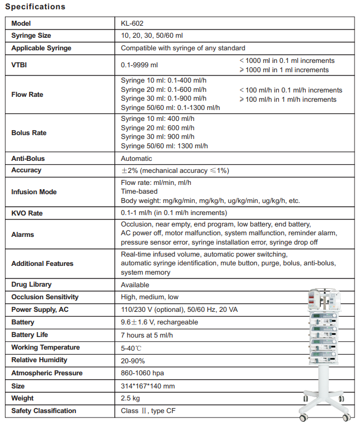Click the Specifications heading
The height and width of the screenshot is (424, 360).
(x=35, y=7)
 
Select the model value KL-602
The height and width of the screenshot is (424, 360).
(x=132, y=24)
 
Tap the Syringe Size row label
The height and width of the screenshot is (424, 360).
(x=31, y=36)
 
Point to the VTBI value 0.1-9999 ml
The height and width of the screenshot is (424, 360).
(x=140, y=66)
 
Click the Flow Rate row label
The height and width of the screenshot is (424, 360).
(x=27, y=94)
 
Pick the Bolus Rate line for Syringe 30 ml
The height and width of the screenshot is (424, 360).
(x=156, y=137)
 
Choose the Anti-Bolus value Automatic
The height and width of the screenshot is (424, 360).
(x=137, y=159)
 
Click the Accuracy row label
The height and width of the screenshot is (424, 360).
(x=26, y=170)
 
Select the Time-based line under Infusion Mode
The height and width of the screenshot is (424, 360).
(x=139, y=191)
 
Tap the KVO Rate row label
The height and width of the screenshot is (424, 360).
(x=27, y=213)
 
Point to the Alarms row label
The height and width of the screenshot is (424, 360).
(x=23, y=234)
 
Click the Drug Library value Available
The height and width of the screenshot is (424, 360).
(x=135, y=285)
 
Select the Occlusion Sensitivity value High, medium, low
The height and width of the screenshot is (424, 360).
(x=150, y=297)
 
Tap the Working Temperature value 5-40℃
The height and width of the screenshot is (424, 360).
(x=131, y=348)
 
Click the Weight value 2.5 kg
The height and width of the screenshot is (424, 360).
(x=132, y=398)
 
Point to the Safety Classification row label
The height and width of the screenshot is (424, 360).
(x=44, y=411)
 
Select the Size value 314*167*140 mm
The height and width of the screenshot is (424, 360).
(x=148, y=386)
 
